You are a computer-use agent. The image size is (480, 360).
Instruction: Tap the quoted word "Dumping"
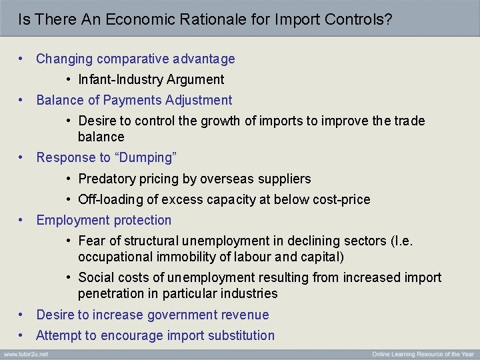[x=143, y=157]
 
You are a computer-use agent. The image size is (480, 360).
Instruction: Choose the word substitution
[x=240, y=335]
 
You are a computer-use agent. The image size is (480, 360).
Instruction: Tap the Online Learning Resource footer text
[x=423, y=353]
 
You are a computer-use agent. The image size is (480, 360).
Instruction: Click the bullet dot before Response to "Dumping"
[x=22, y=157]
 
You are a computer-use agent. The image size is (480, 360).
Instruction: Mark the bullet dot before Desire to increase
[x=22, y=315]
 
